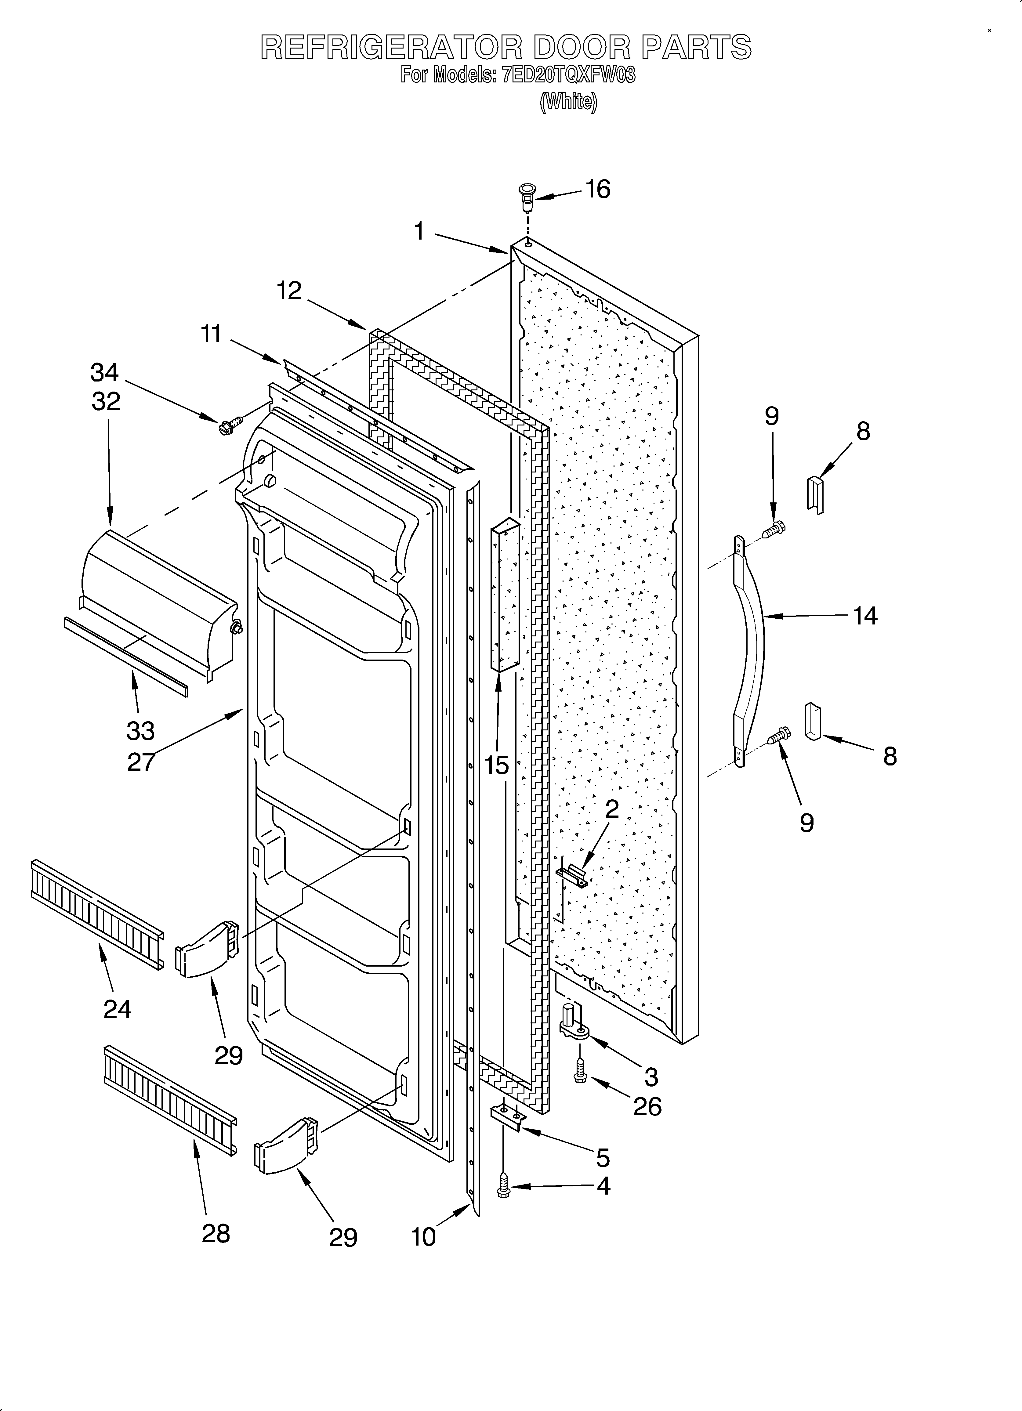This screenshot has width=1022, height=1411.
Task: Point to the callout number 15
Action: [x=497, y=765]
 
